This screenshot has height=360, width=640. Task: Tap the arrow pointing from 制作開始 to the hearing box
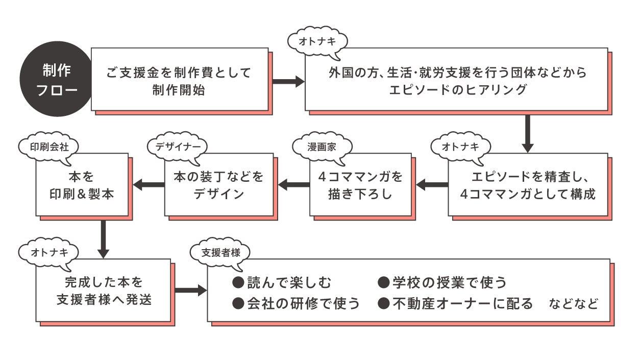point(287,81)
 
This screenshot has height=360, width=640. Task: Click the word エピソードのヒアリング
point(457,90)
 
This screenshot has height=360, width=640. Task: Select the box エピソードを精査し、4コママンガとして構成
point(528,185)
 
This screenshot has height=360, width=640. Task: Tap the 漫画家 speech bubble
point(323,147)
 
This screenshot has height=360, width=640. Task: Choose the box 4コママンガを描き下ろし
point(360,185)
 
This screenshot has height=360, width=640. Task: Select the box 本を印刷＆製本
point(81,185)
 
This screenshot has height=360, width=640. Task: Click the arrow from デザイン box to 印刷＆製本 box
point(148,184)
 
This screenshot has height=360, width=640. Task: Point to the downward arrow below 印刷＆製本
point(104,238)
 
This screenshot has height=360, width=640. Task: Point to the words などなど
point(573,304)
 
